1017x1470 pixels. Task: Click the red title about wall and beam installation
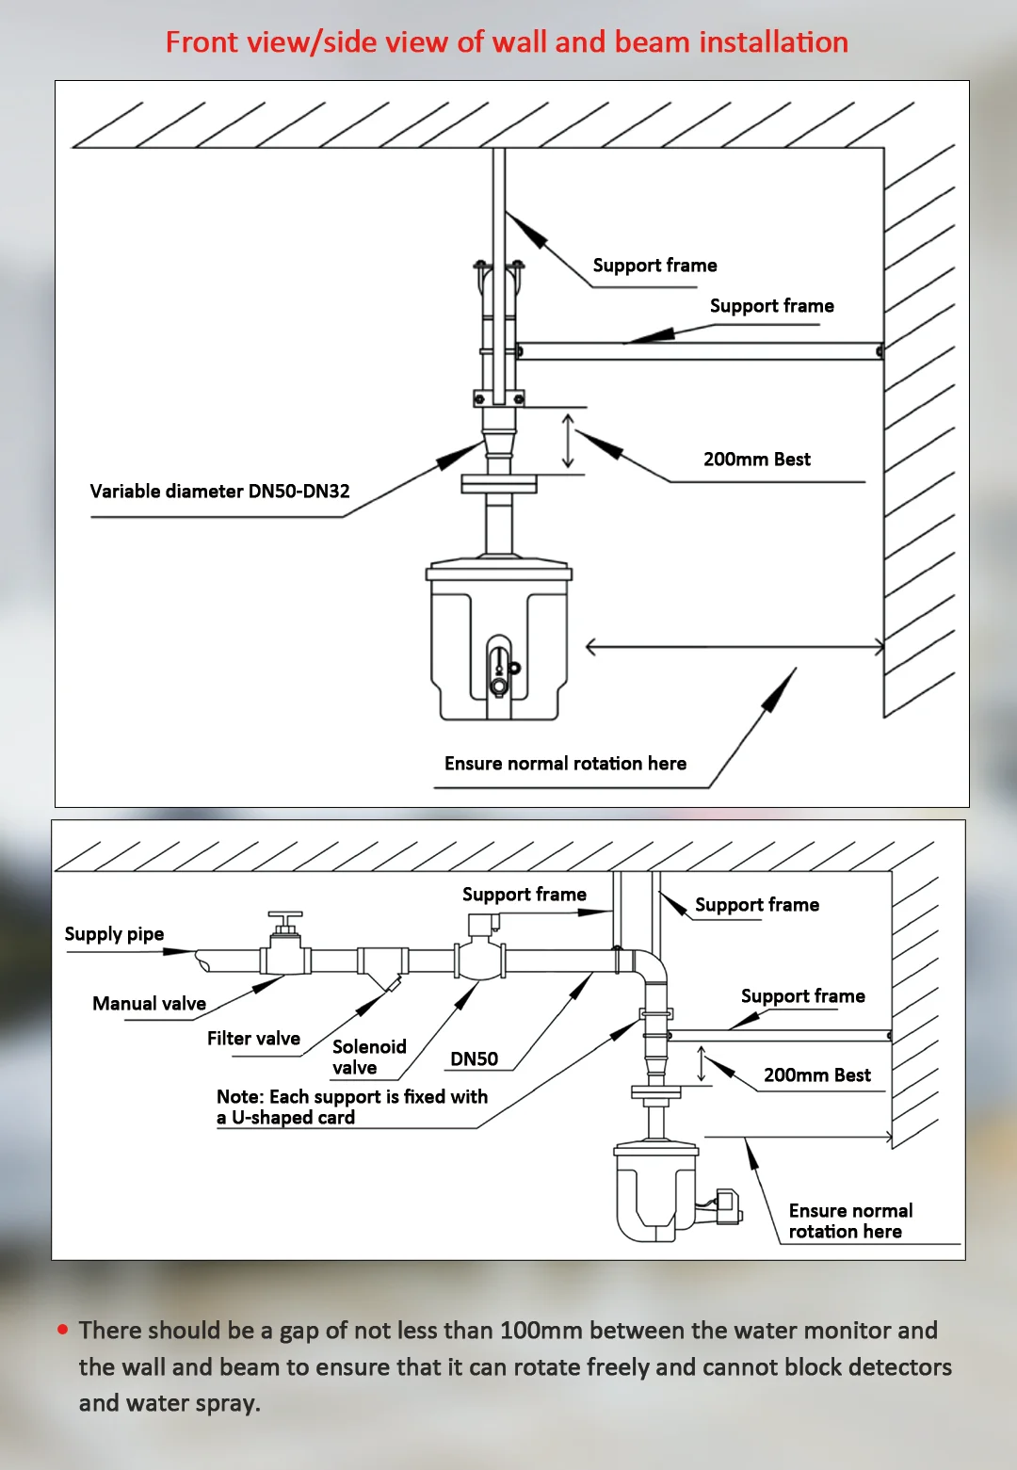(507, 42)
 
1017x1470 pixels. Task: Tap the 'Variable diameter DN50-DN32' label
(219, 491)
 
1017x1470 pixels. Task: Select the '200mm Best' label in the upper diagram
(756, 460)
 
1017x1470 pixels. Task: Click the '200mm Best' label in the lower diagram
(816, 1075)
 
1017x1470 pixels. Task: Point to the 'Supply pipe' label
(114, 934)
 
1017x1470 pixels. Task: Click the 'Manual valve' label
(149, 1004)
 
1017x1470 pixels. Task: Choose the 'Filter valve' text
(253, 1039)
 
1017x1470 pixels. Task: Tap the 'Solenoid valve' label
(368, 1058)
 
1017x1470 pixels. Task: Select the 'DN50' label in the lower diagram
(474, 1059)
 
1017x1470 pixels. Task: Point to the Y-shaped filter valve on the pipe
(382, 967)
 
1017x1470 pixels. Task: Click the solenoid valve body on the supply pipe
(480, 958)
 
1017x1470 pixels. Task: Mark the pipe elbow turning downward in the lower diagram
(650, 966)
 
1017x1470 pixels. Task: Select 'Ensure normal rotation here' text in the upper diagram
(565, 764)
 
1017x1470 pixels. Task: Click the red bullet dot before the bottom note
(63, 1330)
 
